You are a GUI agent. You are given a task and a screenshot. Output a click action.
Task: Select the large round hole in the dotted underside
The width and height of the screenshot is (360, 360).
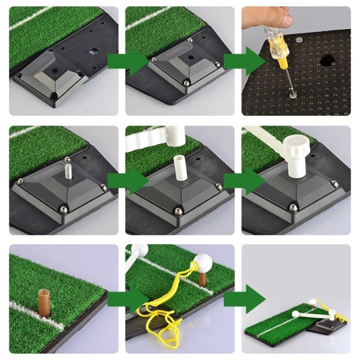click(328, 60)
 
